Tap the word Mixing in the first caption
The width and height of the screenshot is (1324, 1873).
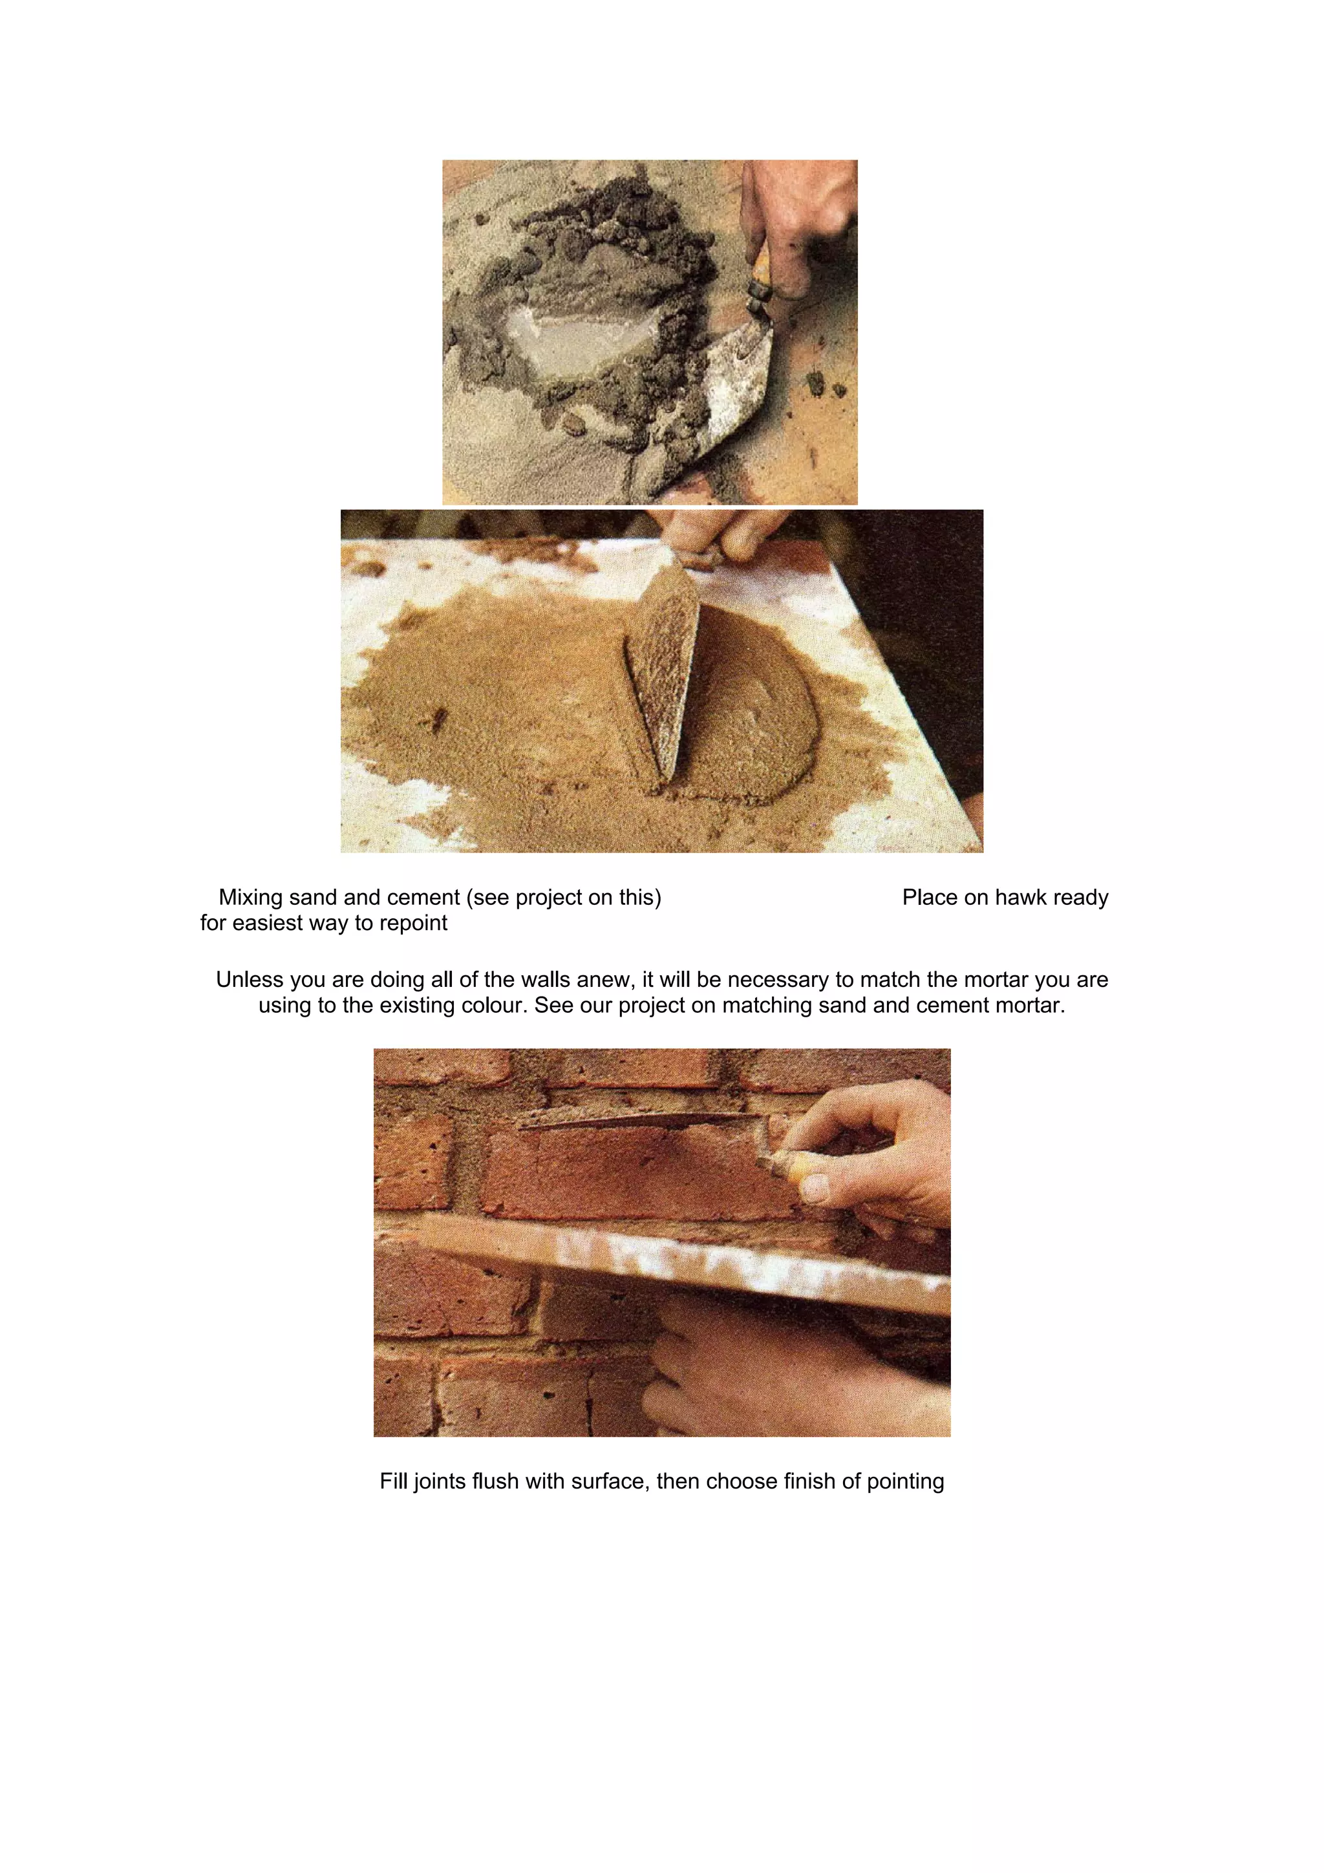pyautogui.click(x=250, y=898)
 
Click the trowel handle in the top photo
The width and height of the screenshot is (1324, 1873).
pyautogui.click(x=761, y=277)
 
